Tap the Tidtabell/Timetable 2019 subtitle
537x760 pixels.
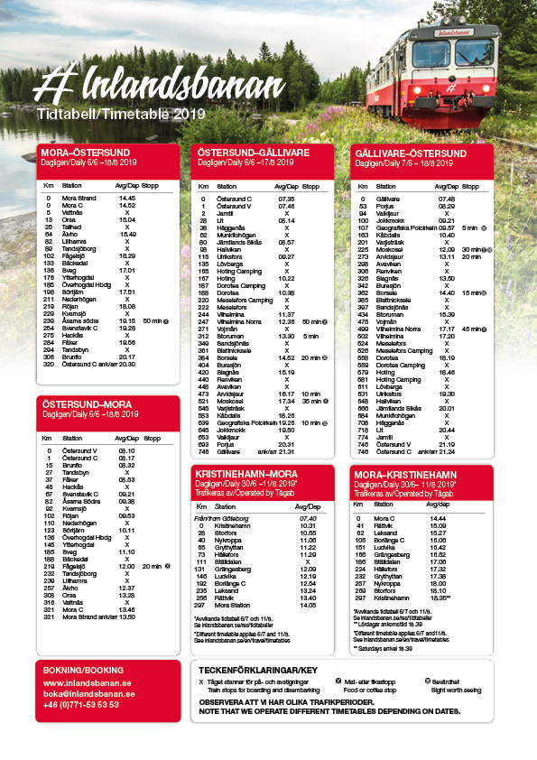tap(122, 115)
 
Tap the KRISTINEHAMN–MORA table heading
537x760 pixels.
tap(246, 474)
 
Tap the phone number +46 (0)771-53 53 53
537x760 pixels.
tap(82, 704)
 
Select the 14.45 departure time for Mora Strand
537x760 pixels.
tap(126, 198)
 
